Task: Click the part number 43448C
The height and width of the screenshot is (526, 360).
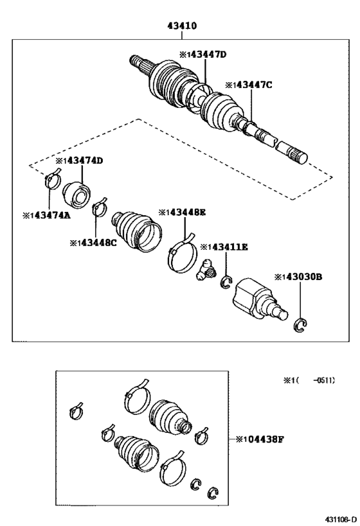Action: point(94,242)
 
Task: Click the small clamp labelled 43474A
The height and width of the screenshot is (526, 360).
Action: point(51,180)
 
